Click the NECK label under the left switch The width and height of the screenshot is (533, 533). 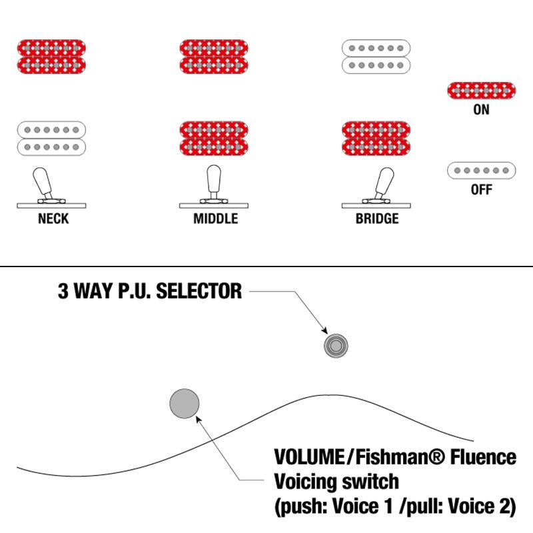click(x=53, y=219)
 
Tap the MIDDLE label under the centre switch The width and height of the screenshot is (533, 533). click(x=215, y=219)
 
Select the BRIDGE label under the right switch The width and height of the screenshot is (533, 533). click(x=377, y=219)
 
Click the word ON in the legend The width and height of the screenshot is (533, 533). click(x=481, y=109)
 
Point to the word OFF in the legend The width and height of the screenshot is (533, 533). click(x=481, y=189)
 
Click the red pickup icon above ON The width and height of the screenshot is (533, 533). click(x=481, y=91)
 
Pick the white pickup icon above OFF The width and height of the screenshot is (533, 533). click(x=481, y=171)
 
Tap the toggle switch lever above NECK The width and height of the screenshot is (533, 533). click(x=43, y=183)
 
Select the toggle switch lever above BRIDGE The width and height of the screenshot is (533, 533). click(x=384, y=183)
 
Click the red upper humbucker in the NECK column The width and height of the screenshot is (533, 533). click(x=51, y=57)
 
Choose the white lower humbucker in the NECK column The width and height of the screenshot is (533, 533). click(x=51, y=139)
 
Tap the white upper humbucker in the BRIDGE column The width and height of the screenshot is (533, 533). click(x=376, y=57)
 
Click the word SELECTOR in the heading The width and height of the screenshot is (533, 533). click(x=199, y=291)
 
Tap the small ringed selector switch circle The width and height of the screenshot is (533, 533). click(x=336, y=346)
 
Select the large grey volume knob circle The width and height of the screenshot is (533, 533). click(x=185, y=404)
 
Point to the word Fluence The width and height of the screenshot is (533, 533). click(x=483, y=457)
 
